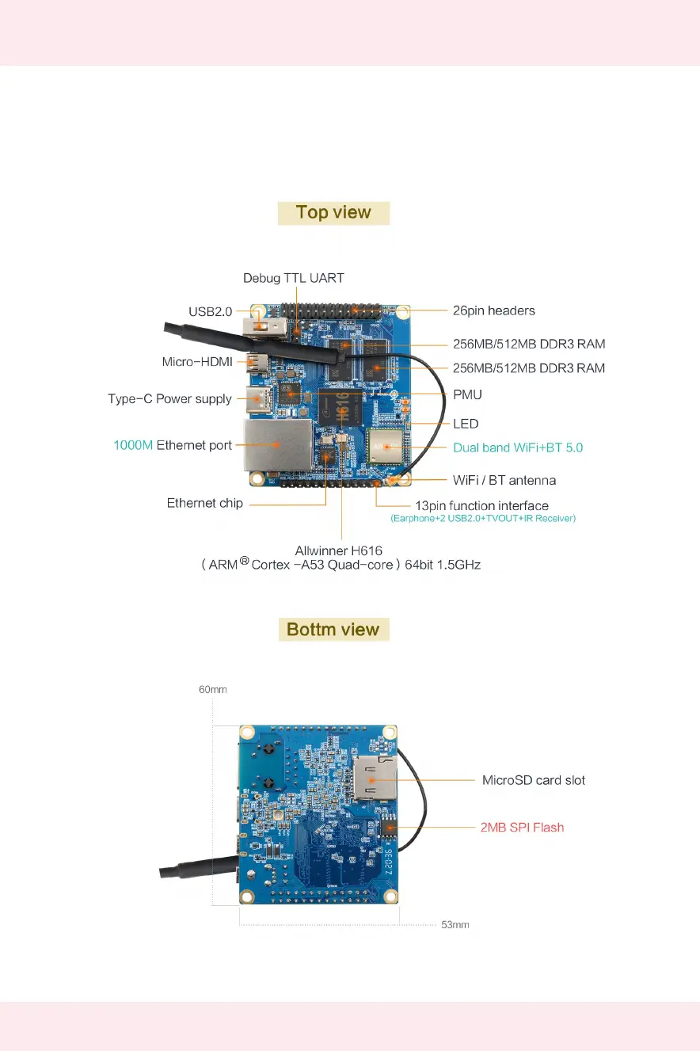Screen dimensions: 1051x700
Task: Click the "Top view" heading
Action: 333,212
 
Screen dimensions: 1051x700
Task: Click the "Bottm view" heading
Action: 333,630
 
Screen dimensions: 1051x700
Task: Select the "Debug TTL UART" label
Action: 293,278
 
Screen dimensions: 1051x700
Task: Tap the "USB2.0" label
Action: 211,312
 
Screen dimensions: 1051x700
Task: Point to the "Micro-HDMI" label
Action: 197,362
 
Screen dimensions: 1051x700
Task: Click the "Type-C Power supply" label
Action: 169,399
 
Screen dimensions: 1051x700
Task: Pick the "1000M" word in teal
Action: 133,445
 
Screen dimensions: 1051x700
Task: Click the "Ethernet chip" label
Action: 205,503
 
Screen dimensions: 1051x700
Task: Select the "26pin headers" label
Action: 494,310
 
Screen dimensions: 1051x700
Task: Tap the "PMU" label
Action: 467,394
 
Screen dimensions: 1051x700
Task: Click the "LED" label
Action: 466,424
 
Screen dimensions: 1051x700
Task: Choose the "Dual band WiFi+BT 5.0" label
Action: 518,447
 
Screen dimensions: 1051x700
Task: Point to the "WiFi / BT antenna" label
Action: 504,480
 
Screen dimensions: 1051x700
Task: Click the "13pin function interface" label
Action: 482,505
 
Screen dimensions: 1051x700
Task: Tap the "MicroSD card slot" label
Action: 534,780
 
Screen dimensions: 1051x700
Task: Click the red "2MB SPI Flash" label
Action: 523,828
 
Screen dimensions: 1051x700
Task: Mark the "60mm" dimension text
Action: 212,690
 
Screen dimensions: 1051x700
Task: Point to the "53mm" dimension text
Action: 455,924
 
